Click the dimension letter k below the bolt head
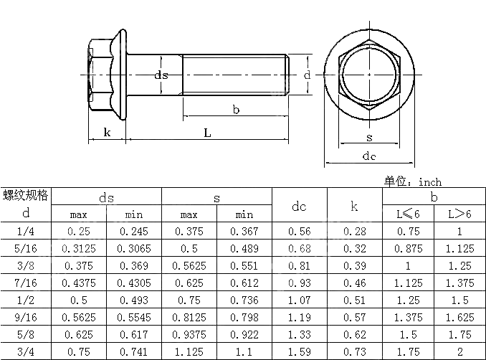click(x=107, y=132)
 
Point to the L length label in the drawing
click(x=207, y=133)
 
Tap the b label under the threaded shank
click(x=236, y=109)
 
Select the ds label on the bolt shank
click(x=161, y=75)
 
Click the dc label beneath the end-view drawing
click(x=369, y=156)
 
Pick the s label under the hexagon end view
click(x=369, y=137)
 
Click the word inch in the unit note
click(x=430, y=182)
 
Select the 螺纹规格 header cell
click(x=27, y=195)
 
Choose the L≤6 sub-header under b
click(x=409, y=214)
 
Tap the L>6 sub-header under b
click(x=459, y=214)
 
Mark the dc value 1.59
click(x=299, y=352)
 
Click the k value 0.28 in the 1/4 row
click(x=355, y=231)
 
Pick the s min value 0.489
click(x=244, y=248)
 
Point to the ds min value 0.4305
click(x=134, y=283)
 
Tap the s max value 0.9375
click(x=189, y=335)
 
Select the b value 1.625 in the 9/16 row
click(x=459, y=318)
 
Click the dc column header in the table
click(x=299, y=207)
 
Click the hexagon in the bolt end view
click(x=369, y=75)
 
